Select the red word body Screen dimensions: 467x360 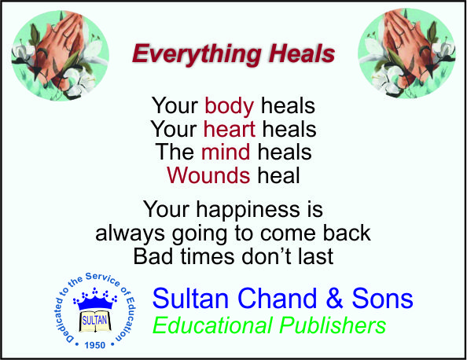pos(230,107)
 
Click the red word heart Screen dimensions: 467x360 pos(230,129)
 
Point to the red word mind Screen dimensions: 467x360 pos(226,152)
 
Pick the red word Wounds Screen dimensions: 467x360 pos(208,175)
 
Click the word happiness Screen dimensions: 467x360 pos(248,211)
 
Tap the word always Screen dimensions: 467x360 pos(130,234)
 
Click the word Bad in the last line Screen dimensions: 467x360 pos(153,256)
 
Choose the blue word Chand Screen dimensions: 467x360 pos(278,298)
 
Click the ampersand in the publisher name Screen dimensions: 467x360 pos(334,298)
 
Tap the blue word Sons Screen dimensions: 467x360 pos(382,298)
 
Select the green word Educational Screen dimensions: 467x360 pos(212,325)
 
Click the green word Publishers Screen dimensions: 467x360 pos(333,326)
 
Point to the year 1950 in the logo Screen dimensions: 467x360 pos(94,345)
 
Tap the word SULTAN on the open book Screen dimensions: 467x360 pos(94,321)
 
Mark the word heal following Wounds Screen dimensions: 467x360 pos(278,175)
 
